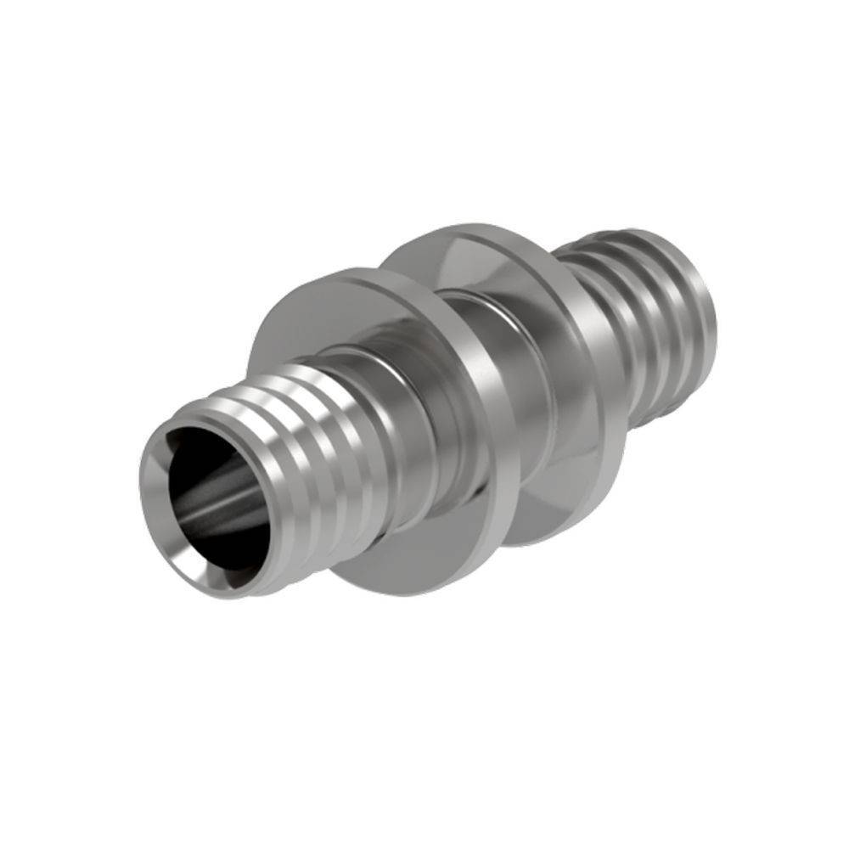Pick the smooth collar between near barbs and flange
pos(399,424)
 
